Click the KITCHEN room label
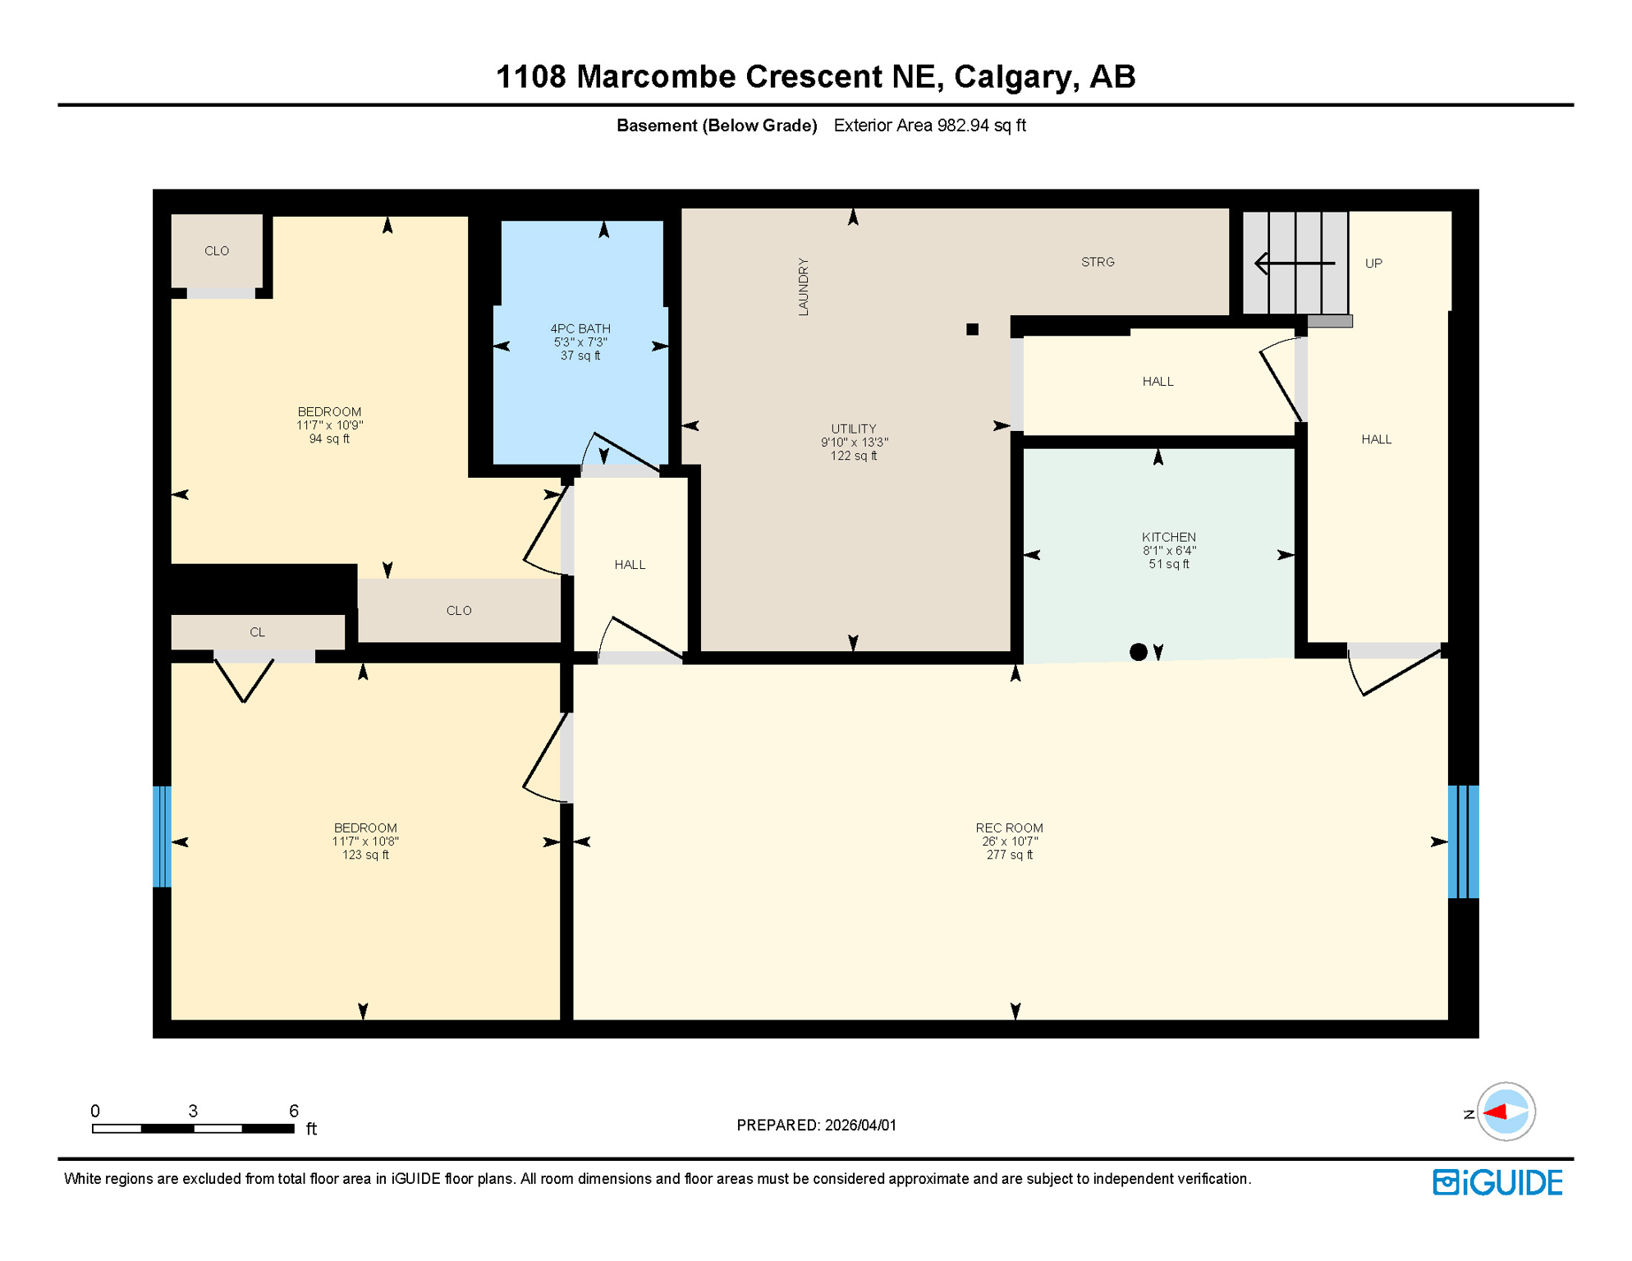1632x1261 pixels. click(1168, 538)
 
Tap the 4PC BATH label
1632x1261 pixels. click(580, 329)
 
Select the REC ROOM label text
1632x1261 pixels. click(1009, 828)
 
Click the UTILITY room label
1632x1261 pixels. click(854, 429)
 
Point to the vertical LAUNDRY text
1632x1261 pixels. click(804, 287)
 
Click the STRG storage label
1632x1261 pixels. click(1098, 263)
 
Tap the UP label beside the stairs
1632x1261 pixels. click(1373, 264)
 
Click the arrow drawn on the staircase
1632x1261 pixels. click(1294, 264)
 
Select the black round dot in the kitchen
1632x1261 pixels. click(1138, 652)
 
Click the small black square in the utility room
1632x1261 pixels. click(972, 329)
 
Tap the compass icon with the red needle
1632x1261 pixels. click(1506, 1112)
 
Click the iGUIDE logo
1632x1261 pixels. click(1497, 1182)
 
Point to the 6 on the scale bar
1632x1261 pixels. click(294, 1111)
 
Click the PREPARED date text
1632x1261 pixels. click(816, 1126)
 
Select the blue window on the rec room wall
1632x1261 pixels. click(1463, 841)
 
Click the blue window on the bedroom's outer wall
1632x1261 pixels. click(162, 837)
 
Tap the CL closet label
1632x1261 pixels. click(257, 632)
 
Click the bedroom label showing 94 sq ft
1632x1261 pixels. click(329, 425)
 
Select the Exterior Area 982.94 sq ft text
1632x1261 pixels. click(929, 126)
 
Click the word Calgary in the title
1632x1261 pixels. click(1015, 77)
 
